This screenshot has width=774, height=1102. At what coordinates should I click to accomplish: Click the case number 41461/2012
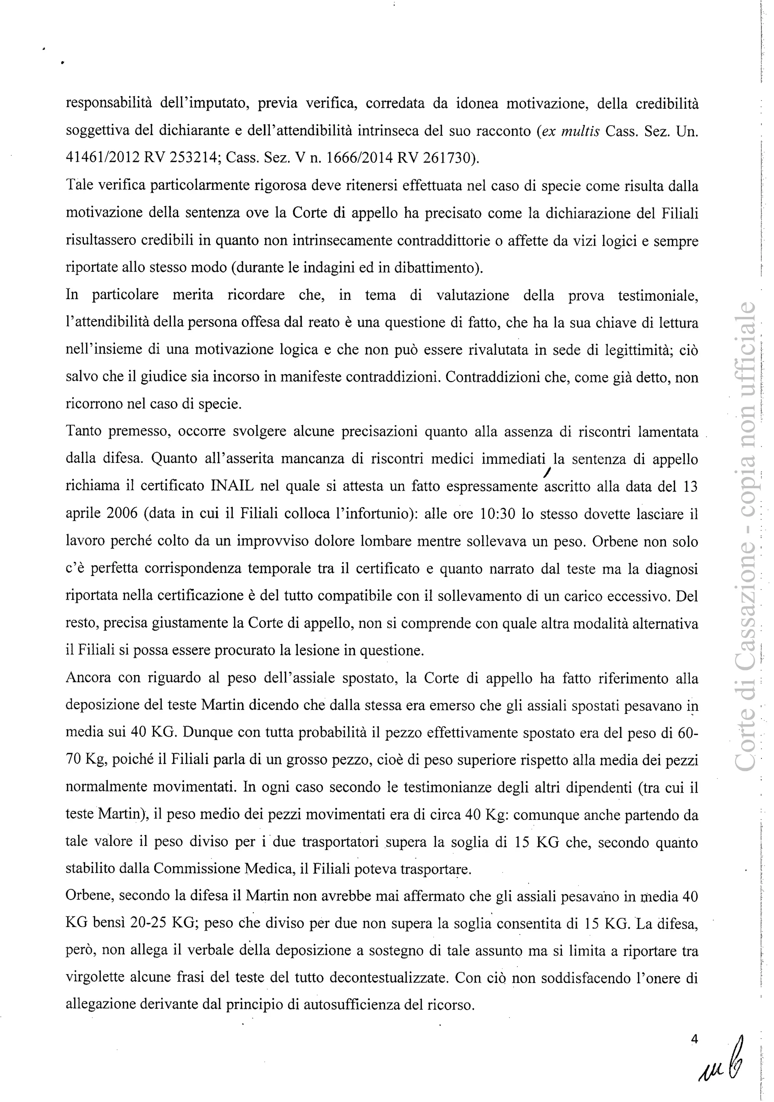(x=102, y=158)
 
